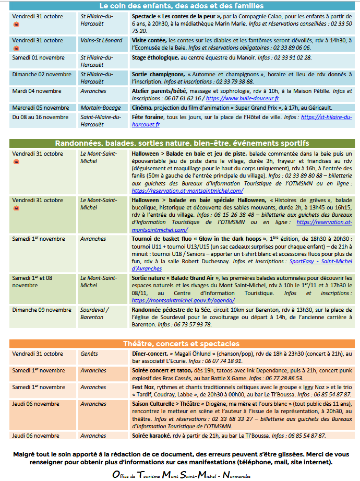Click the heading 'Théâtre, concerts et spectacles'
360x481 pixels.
coord(181,344)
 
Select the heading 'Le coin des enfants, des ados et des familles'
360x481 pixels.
coord(181,6)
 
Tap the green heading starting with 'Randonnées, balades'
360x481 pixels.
coord(181,143)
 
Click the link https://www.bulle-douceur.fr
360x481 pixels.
coord(242,98)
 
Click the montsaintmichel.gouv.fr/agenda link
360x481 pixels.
coord(183,300)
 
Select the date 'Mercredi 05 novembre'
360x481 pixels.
coord(41,108)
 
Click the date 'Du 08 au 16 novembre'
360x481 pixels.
coord(41,117)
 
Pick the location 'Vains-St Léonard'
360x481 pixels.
coord(101,40)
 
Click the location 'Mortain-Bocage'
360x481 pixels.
coord(101,108)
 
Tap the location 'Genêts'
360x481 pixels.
coord(89,354)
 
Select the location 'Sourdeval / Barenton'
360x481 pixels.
coord(94,313)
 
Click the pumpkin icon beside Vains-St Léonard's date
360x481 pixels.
coord(16,48)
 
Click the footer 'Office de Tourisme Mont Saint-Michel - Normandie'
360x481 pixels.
coord(181,475)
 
